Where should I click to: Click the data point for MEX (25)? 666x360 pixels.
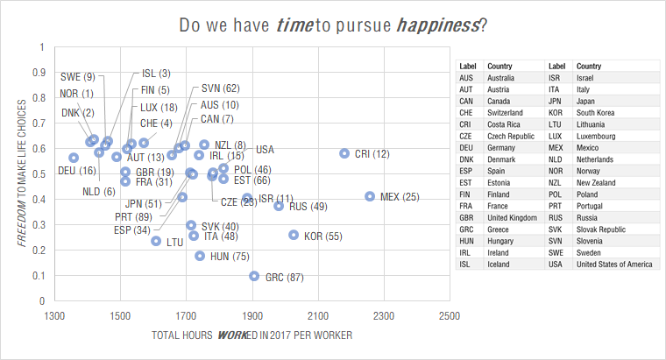coord(370,196)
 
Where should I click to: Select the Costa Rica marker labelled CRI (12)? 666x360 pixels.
coord(344,153)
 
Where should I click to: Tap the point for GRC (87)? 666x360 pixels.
coord(254,276)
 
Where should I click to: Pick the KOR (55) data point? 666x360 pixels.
coord(294,235)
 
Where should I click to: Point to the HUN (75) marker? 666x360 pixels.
coord(200,256)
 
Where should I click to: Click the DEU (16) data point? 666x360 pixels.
coord(74,158)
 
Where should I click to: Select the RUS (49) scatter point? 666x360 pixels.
coord(279,206)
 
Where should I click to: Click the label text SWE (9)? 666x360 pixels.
coord(78,77)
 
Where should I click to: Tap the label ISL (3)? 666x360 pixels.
coord(156,74)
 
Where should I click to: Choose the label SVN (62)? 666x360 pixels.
coord(220,88)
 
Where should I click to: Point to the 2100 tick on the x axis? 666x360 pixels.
coord(318,315)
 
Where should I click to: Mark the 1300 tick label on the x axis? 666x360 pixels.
coord(55,315)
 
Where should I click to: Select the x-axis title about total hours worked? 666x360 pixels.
coord(252,335)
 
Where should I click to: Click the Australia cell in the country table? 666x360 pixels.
coord(503,78)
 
